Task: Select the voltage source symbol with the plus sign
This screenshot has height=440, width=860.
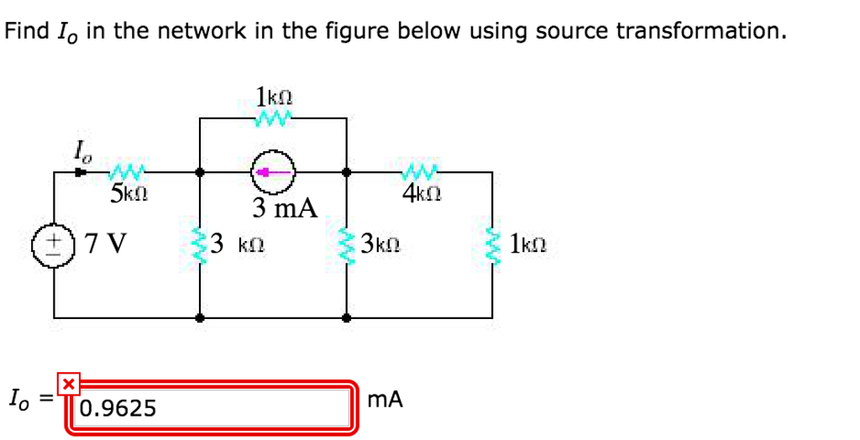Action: click(x=55, y=245)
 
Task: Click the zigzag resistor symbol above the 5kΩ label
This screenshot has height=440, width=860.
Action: click(x=127, y=173)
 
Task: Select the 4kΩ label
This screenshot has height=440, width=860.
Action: click(x=422, y=194)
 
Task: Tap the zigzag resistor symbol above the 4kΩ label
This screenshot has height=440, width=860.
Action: click(x=417, y=173)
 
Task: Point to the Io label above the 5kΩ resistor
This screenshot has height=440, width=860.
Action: click(x=81, y=153)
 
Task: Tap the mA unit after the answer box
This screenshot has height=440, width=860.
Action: click(x=385, y=401)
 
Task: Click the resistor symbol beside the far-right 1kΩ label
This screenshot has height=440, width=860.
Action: click(x=492, y=245)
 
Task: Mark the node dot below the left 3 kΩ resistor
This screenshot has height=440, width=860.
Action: click(x=199, y=318)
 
